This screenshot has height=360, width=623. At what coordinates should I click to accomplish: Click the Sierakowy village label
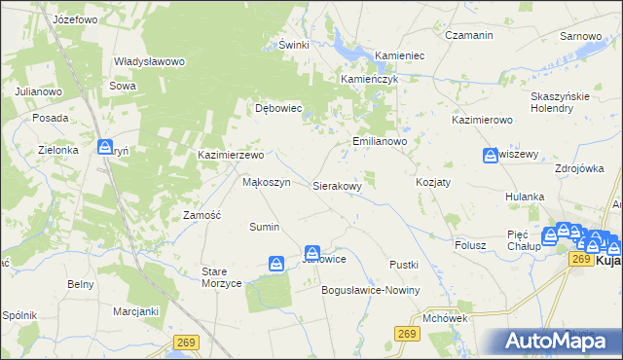[337, 185]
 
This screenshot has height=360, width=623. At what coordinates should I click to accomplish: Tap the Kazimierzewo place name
[231, 155]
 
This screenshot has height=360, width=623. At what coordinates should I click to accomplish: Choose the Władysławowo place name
[149, 61]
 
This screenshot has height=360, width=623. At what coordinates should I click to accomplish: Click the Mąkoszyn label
[266, 182]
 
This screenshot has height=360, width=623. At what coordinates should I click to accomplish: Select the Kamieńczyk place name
[370, 79]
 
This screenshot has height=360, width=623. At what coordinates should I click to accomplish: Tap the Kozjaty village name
[433, 183]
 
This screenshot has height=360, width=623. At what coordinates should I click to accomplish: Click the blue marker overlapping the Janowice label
[312, 253]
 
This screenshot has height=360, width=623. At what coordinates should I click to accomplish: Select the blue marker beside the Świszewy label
[491, 156]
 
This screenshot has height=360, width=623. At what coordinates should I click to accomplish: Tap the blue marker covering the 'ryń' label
[105, 148]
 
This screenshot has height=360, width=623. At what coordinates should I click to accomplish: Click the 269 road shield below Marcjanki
[187, 342]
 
